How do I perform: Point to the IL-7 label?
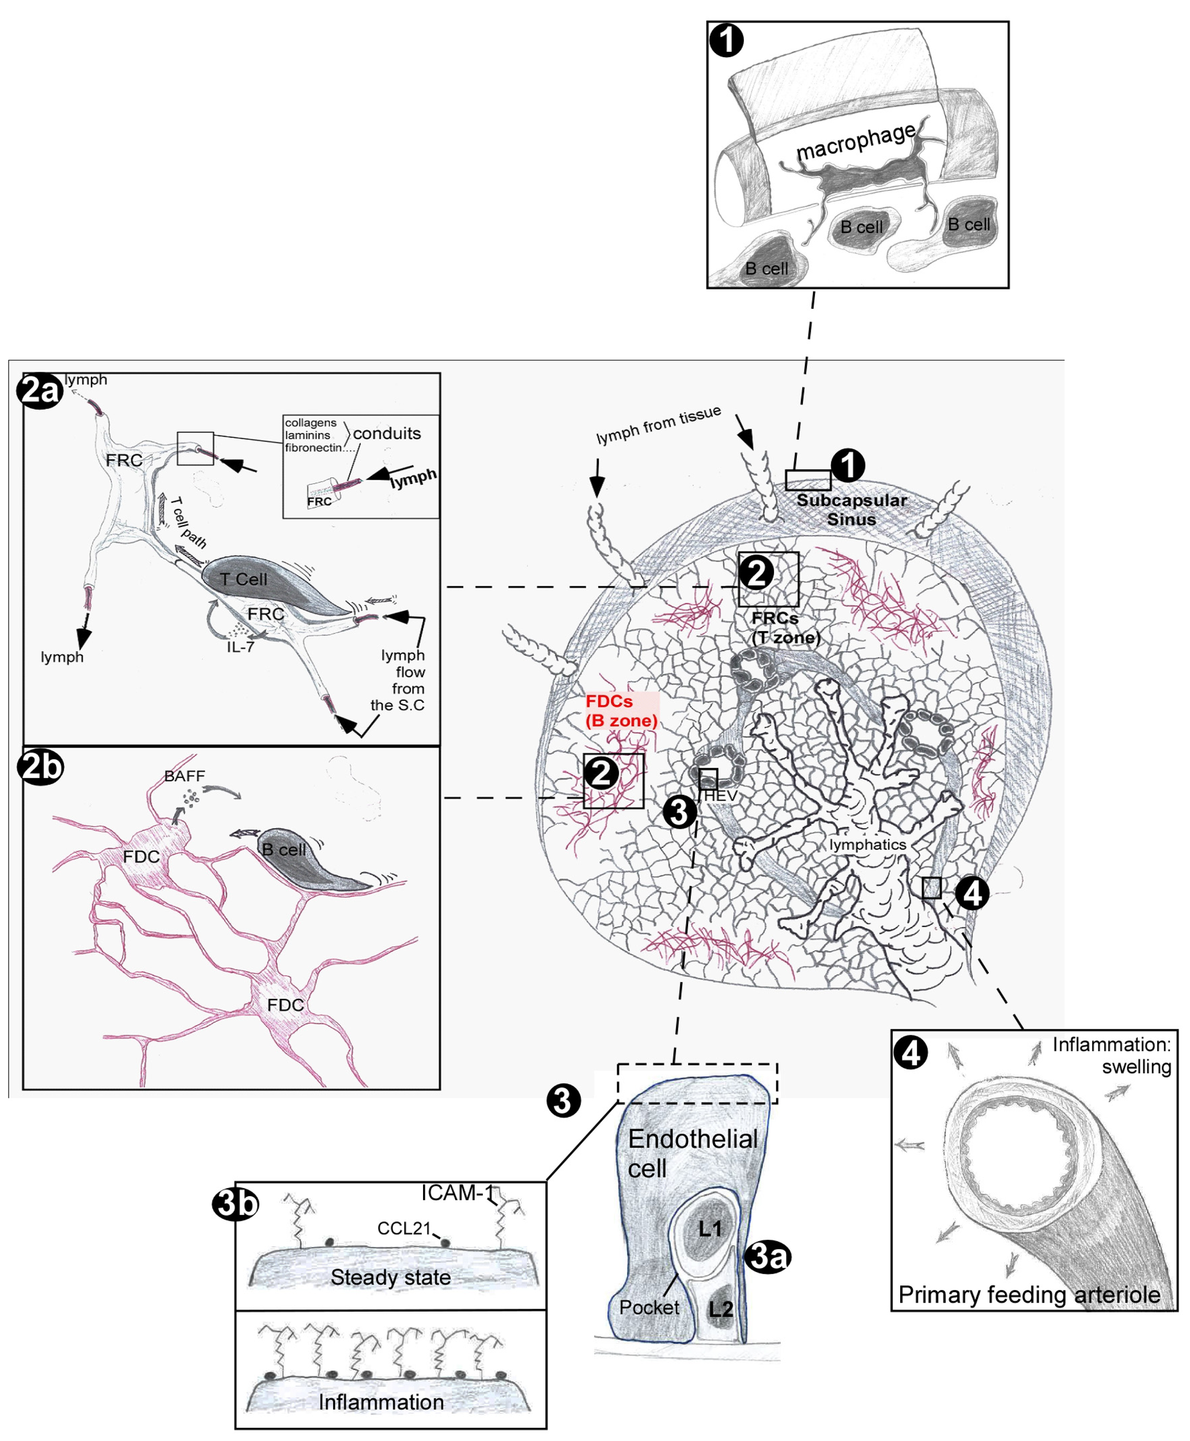tap(241, 647)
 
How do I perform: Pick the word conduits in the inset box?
tap(387, 433)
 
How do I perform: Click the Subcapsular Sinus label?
tap(851, 510)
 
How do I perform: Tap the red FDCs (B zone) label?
tap(621, 711)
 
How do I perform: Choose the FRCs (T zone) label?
tap(785, 627)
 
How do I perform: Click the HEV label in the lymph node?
tap(720, 796)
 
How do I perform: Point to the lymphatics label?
tap(867, 844)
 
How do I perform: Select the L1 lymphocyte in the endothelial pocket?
tap(709, 1228)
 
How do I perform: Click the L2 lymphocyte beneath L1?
tap(720, 1308)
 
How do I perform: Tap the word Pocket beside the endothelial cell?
tap(648, 1307)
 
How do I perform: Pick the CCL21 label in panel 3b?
tap(404, 1228)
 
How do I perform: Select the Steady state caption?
tap(391, 1277)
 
